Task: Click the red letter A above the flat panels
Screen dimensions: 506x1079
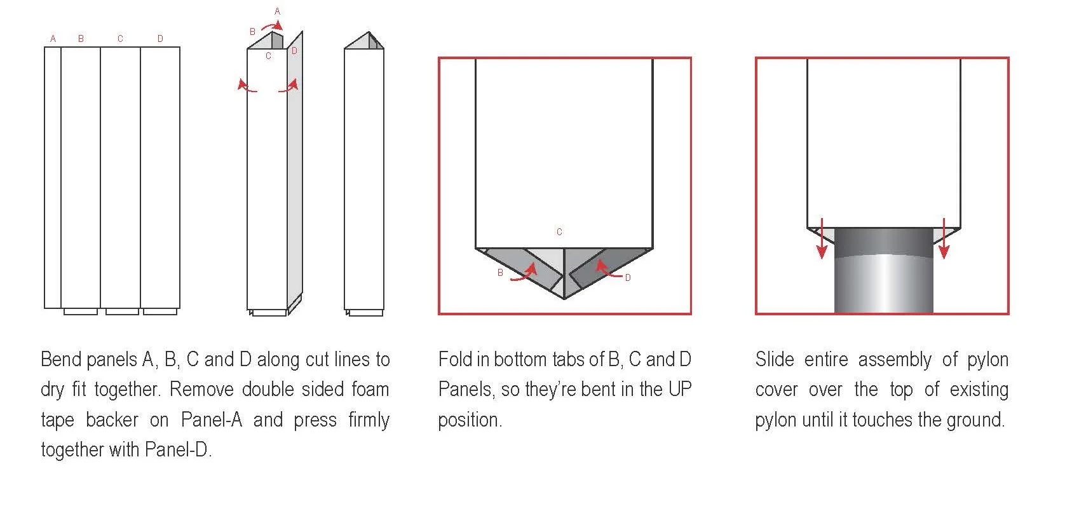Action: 53,39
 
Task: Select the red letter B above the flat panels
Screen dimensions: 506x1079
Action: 81,39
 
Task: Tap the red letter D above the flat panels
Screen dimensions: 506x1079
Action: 160,39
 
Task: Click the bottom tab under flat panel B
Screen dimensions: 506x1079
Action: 81,311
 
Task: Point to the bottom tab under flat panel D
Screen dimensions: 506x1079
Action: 160,311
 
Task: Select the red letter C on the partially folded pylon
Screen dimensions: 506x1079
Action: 268,56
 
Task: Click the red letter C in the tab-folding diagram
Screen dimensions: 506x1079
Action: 559,232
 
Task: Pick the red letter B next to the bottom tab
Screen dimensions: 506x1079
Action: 500,273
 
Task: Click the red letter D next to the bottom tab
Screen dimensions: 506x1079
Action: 628,278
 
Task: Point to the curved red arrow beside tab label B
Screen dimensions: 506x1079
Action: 524,274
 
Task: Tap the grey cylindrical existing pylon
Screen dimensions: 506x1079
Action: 883,280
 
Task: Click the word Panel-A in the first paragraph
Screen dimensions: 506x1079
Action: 212,420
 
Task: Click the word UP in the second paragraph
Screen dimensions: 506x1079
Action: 679,389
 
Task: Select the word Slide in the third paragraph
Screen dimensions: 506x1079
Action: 775,359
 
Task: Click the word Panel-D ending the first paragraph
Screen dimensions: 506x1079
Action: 177,450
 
